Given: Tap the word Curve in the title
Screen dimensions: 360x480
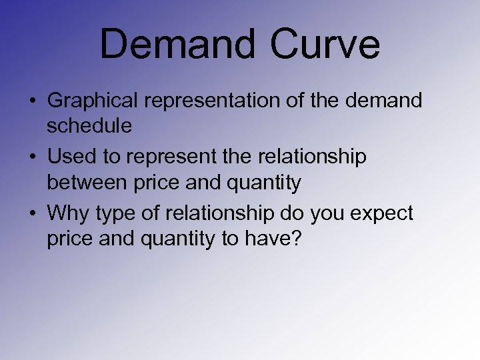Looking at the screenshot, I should [326, 45].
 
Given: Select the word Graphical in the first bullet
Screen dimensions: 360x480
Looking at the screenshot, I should [93, 101].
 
